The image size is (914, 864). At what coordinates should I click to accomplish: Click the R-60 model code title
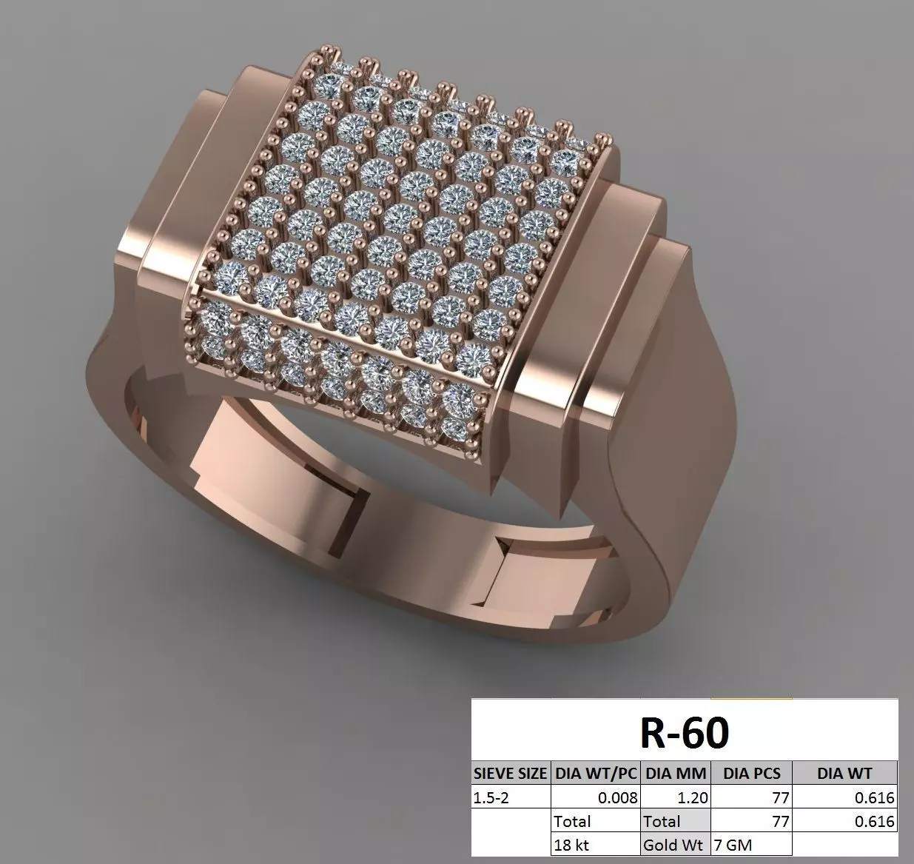coord(685,731)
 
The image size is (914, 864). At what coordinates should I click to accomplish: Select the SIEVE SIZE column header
coord(511,774)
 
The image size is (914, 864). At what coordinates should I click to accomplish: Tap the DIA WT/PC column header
coord(596,774)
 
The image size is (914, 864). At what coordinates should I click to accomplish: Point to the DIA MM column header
coord(676,774)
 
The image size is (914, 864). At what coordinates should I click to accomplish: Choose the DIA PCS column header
coord(751,774)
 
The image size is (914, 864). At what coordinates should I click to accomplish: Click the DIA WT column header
coord(844,774)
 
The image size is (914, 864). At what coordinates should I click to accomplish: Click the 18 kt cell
coord(571,844)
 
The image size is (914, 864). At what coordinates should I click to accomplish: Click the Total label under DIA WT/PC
coord(572,821)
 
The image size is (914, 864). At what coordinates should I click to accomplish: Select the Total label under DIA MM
coord(662,821)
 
